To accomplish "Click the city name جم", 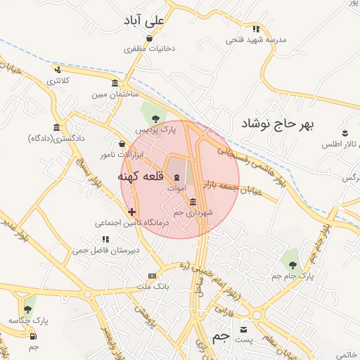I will click(x=221, y=336).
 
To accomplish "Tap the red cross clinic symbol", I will click(x=131, y=212).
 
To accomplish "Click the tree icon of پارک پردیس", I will click(x=155, y=117).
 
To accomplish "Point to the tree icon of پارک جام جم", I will click(x=293, y=265).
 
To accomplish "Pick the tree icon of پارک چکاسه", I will click(x=28, y=309).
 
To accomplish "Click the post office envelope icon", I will click(x=244, y=329).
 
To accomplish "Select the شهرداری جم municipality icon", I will click(x=193, y=202).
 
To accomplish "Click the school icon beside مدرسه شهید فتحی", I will click(x=257, y=29).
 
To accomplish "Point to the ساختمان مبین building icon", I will click(x=115, y=83).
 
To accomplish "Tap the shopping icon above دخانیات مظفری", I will click(x=149, y=39).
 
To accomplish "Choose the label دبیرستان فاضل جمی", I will click(x=108, y=250).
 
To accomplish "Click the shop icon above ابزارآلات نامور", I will click(x=122, y=144).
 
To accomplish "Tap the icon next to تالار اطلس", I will click(x=345, y=133).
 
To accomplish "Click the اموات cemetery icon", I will click(x=176, y=176).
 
